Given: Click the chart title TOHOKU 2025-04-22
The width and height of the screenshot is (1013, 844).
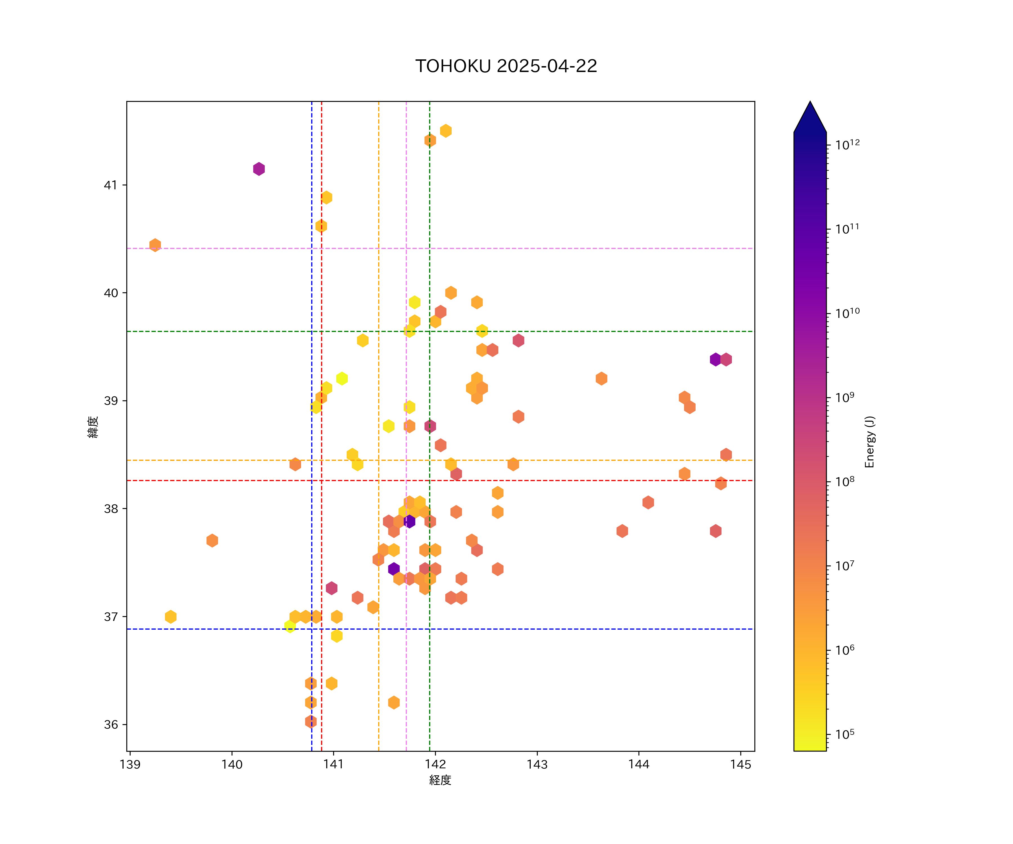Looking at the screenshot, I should [x=506, y=66].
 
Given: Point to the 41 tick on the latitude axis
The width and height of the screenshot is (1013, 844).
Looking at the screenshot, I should [x=111, y=185].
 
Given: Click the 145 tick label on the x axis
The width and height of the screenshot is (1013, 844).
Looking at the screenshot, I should [x=740, y=764].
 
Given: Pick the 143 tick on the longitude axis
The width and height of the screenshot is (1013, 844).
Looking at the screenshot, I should [x=537, y=764].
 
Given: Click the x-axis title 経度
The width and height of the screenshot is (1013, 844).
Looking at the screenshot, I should [x=440, y=780].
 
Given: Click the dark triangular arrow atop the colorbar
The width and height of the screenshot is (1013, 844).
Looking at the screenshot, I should [x=810, y=118].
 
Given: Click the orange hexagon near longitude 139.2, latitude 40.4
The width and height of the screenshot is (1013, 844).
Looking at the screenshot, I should [x=155, y=245].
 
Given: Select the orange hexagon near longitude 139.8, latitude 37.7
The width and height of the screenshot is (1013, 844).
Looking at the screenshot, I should [x=212, y=541].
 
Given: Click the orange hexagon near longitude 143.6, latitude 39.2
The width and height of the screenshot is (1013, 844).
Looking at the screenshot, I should [x=601, y=379].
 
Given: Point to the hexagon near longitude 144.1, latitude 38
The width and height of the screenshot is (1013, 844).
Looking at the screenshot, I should [x=648, y=502].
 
